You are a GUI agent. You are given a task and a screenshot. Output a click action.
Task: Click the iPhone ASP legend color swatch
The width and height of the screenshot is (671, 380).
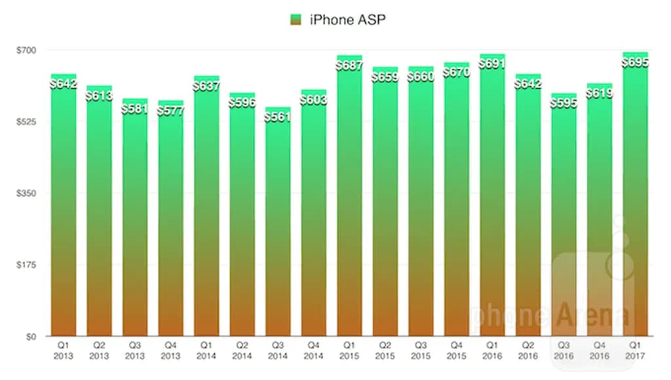294,20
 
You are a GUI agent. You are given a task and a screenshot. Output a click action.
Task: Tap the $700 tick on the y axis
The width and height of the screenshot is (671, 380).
26,50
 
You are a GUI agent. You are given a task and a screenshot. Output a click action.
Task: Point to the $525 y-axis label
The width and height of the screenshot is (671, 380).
26,122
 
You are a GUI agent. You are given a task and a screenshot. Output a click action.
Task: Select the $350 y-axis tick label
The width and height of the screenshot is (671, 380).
26,193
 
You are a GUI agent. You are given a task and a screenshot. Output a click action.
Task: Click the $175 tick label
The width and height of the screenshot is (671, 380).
26,265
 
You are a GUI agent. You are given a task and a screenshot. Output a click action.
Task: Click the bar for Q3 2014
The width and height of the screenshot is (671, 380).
277,223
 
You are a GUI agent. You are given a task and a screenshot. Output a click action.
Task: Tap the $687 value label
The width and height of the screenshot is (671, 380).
349,65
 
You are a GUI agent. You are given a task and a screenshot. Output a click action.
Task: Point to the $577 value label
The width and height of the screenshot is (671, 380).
170,110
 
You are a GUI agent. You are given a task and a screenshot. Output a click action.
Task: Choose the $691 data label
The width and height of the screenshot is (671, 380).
492,64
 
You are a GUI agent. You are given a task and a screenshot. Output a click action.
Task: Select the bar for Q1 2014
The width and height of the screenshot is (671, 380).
206,210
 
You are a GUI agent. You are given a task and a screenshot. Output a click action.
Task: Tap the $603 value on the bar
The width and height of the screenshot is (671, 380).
313,100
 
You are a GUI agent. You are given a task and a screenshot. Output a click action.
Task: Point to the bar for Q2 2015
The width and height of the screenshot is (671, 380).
385,203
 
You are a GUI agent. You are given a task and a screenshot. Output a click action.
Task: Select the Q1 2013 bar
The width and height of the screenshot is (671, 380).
64,210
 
